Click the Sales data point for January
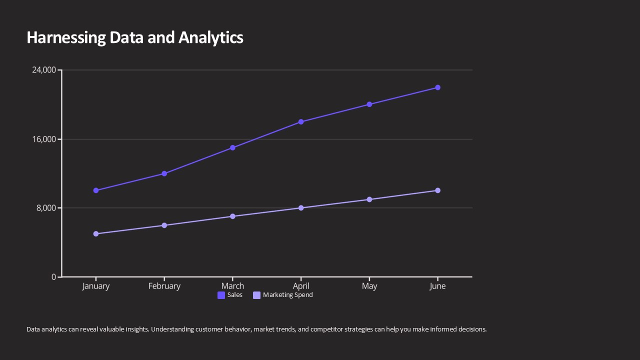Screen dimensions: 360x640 click(x=96, y=190)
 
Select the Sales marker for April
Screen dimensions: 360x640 click(x=301, y=122)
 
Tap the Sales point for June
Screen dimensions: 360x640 click(x=437, y=87)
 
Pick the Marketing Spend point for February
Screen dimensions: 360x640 click(x=164, y=225)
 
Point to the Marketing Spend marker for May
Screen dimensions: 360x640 click(x=369, y=199)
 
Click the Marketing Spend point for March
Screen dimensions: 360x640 click(x=232, y=216)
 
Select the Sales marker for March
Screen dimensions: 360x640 click(x=232, y=148)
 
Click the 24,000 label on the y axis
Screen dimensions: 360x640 click(x=44, y=70)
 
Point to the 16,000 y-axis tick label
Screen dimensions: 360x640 click(x=44, y=139)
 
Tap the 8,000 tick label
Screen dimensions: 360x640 click(x=46, y=208)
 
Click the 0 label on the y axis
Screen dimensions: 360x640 click(x=54, y=277)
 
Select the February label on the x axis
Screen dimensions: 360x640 click(x=164, y=286)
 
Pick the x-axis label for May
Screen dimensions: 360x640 click(x=369, y=286)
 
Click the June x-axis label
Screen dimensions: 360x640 click(x=437, y=286)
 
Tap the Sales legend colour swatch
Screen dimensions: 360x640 click(x=221, y=295)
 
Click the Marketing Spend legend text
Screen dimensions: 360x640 click(x=288, y=295)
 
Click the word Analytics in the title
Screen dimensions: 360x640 click(x=210, y=37)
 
